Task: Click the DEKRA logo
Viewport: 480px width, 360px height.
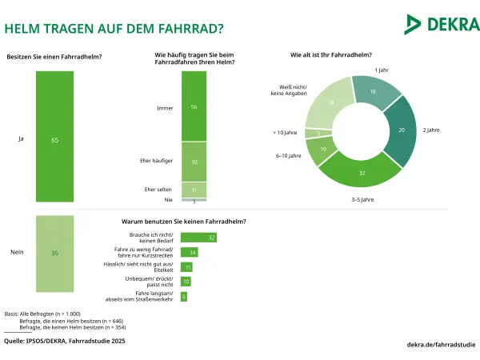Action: [442, 24]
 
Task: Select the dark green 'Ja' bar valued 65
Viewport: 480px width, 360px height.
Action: [54, 137]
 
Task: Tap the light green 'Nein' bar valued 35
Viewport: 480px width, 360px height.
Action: [54, 254]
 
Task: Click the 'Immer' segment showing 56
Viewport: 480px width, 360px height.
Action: [194, 106]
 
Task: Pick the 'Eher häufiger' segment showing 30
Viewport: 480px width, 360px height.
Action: [194, 162]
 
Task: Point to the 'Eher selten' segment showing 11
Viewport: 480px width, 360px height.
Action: [194, 190]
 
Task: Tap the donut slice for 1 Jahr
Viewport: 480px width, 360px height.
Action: [375, 91]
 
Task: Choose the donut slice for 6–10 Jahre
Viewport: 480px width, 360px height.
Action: [322, 150]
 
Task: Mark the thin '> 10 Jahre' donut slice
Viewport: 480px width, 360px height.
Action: [318, 134]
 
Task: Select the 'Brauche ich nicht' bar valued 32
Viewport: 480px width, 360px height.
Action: [198, 238]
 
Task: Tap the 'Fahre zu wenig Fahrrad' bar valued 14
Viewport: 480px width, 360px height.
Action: [189, 252]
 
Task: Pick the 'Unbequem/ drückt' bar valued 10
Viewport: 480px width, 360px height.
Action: [186, 282]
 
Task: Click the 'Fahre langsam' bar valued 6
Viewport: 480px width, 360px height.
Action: [184, 296]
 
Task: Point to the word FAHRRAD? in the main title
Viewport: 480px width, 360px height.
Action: [190, 29]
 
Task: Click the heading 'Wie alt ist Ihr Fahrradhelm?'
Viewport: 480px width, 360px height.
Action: [331, 55]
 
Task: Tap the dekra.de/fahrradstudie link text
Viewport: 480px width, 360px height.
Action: [441, 345]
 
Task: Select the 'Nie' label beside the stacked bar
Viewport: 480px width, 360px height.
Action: [168, 199]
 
